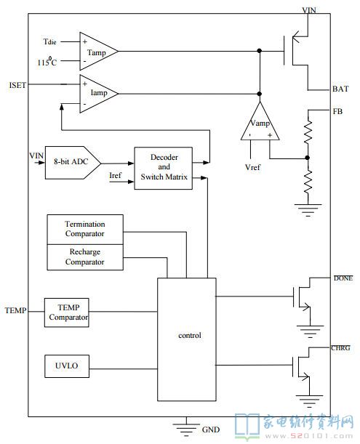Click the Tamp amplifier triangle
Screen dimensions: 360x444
coord(99,52)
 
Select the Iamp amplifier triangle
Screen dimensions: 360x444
coord(99,94)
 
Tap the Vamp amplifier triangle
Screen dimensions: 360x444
coord(260,121)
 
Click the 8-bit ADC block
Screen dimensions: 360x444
coord(73,163)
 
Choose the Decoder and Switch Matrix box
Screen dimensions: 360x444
coord(164,168)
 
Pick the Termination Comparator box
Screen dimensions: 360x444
coord(85,230)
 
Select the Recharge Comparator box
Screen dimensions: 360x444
coord(85,257)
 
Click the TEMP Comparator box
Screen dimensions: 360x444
coord(67,312)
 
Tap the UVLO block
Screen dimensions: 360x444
coord(67,366)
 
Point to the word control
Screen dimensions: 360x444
coord(190,335)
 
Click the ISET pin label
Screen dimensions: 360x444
coord(17,85)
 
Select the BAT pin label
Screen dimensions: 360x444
coord(340,89)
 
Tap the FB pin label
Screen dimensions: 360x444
coord(337,112)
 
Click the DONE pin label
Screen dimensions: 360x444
coord(343,278)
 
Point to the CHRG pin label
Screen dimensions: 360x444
coord(340,348)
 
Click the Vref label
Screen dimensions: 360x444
coord(252,167)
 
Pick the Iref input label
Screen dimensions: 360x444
coord(115,176)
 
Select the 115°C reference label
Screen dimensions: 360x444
coord(47,61)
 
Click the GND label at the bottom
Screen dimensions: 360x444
coord(211,429)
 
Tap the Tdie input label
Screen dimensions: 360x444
coord(50,42)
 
